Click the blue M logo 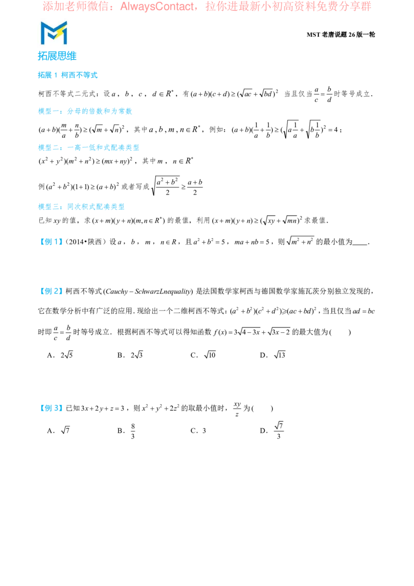pyautogui.click(x=54, y=33)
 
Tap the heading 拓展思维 pyautogui.click(x=57, y=56)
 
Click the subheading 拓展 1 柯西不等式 pyautogui.click(x=68, y=75)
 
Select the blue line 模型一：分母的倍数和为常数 pyautogui.click(x=85, y=111)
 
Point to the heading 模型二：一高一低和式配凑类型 pyautogui.click(x=88, y=148)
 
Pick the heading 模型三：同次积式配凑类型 pyautogui.click(x=81, y=207)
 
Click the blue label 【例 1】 pyautogui.click(x=51, y=242)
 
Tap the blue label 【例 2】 pyautogui.click(x=51, y=291)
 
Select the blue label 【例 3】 pyautogui.click(x=51, y=408)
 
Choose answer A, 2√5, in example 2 pyautogui.click(x=60, y=355)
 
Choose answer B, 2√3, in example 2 pyautogui.click(x=130, y=355)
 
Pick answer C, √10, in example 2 pyautogui.click(x=203, y=355)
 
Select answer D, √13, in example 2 pyautogui.click(x=273, y=355)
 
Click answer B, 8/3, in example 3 pyautogui.click(x=126, y=431)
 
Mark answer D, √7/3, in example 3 pyautogui.click(x=272, y=431)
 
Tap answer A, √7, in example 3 pyautogui.click(x=58, y=431)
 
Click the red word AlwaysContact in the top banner pyautogui.click(x=157, y=7)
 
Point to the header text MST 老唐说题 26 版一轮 pyautogui.click(x=341, y=34)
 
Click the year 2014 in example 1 pyautogui.click(x=76, y=242)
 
